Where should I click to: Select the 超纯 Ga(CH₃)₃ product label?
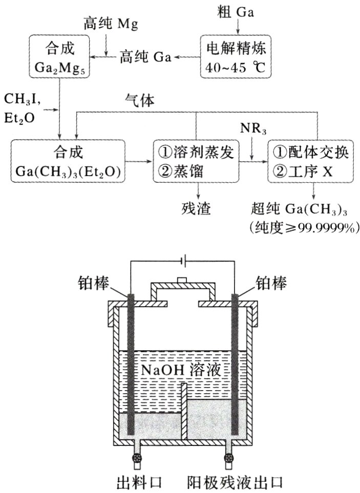[302, 209]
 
